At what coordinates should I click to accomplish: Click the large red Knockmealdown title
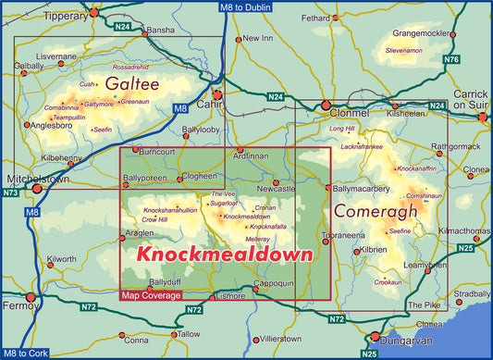223,252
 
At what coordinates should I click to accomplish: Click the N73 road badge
10,192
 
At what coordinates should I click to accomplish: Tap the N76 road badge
450,59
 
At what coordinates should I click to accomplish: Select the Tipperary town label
66,16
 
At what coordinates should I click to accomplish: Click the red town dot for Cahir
217,95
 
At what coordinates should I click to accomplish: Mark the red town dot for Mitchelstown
37,188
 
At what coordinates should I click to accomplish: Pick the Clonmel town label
349,113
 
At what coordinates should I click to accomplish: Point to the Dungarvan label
410,340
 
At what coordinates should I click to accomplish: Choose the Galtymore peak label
98,105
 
